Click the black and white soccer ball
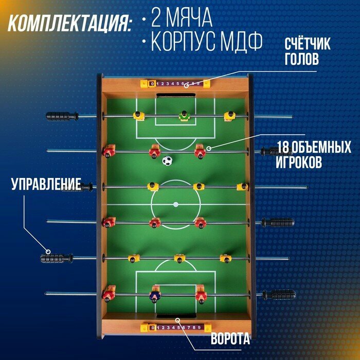pos(167,161)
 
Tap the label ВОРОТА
pos(230,339)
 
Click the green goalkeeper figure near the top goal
pos(184,116)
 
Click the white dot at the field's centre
pos(176,204)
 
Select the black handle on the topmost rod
pos(62,116)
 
